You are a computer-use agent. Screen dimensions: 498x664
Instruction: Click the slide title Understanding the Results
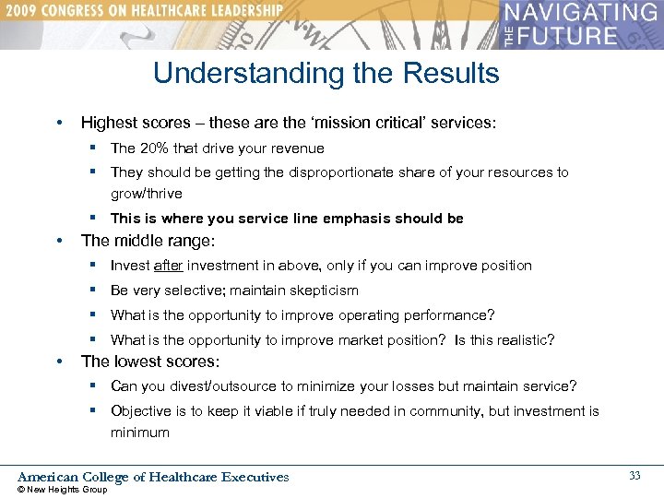point(326,73)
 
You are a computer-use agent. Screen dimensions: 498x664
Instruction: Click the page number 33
point(634,475)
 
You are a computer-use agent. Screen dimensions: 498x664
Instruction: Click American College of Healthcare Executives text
point(153,477)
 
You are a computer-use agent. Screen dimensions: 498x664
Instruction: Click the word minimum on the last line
point(140,433)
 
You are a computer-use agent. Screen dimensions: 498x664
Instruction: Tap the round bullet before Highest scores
point(59,123)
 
